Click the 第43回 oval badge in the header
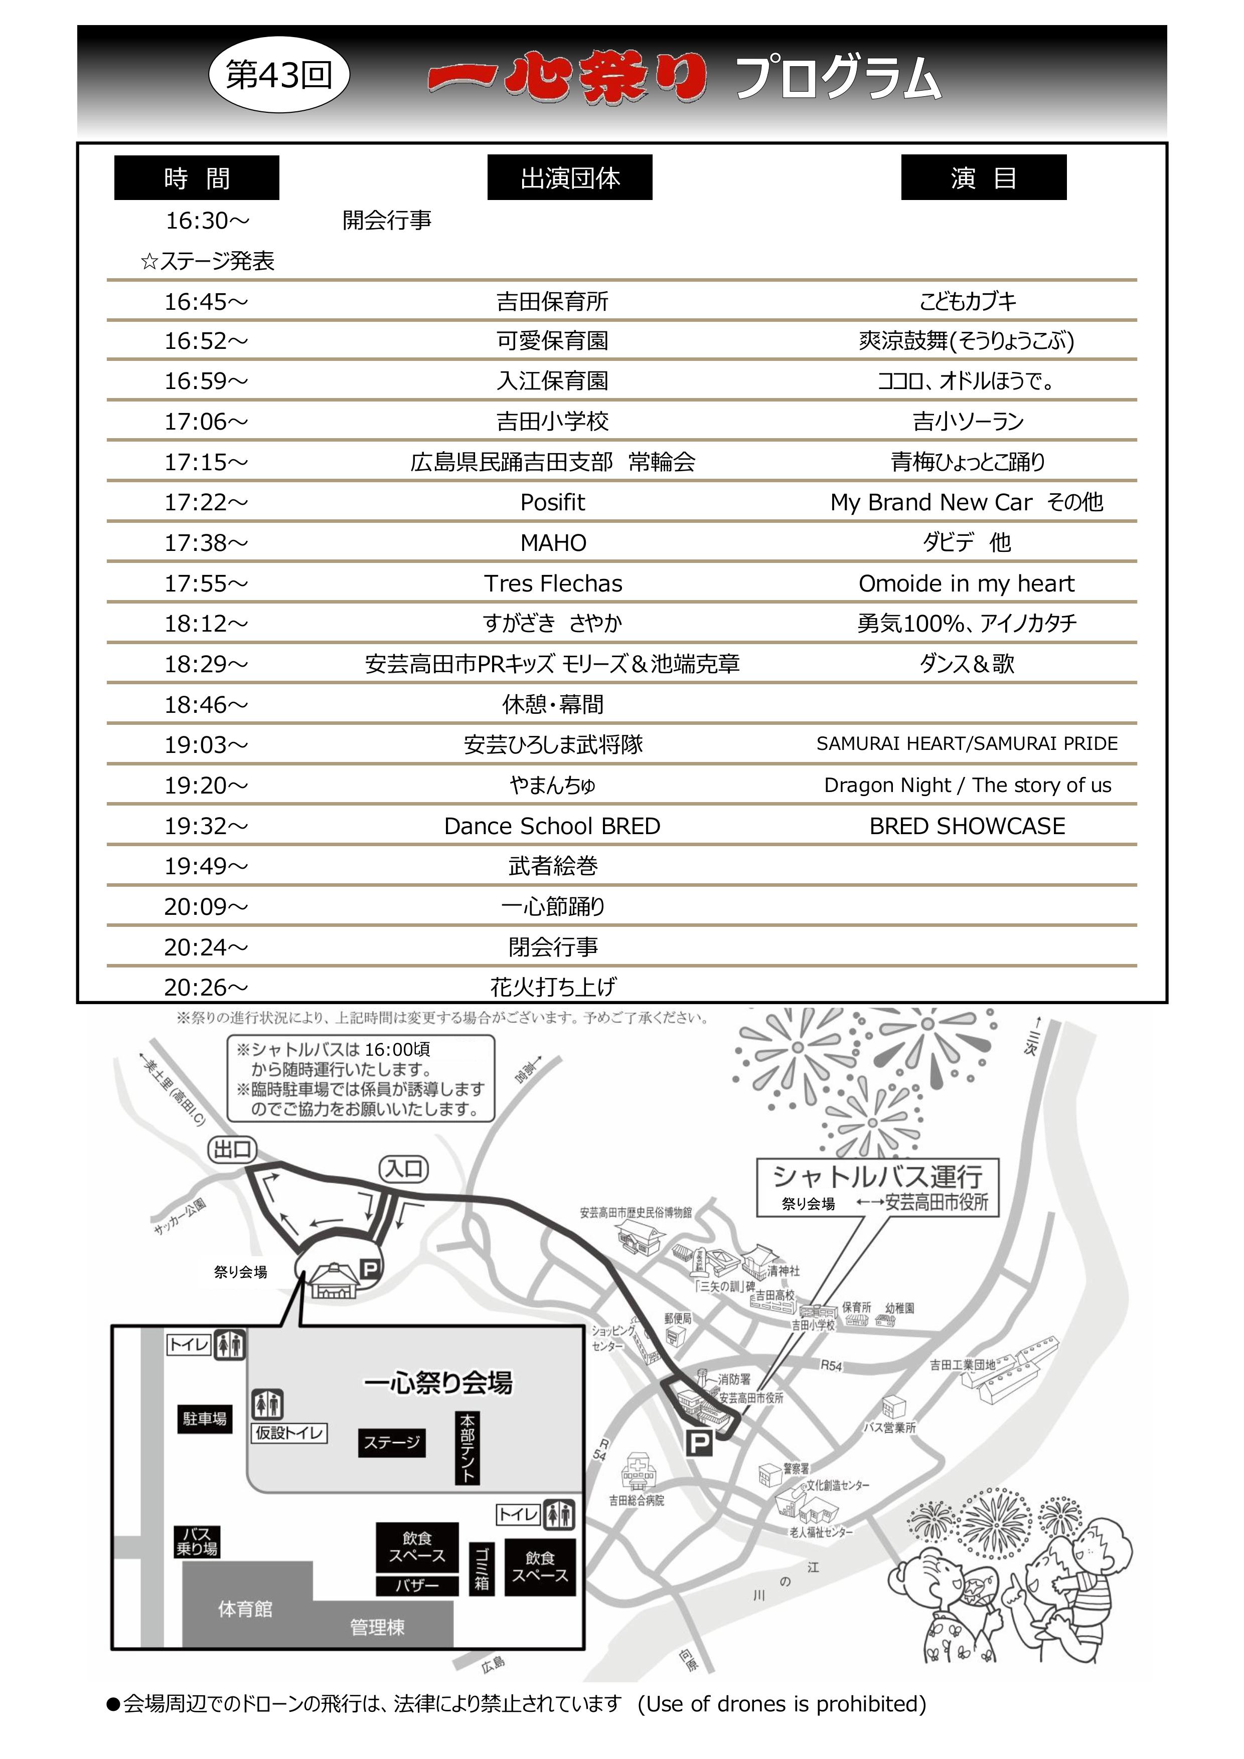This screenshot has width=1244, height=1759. click(279, 75)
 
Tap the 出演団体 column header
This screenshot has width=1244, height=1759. click(569, 178)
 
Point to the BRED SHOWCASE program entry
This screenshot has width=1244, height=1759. click(967, 826)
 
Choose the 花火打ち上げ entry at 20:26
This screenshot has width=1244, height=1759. click(553, 987)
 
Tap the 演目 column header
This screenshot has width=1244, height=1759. click(983, 178)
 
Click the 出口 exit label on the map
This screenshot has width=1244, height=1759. click(232, 1149)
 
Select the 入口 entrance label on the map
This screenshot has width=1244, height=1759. click(404, 1169)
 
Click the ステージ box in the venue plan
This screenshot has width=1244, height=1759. click(392, 1443)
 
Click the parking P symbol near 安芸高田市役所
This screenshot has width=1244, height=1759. click(698, 1444)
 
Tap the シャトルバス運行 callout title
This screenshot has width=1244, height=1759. click(878, 1176)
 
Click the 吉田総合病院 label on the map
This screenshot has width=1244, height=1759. click(636, 1500)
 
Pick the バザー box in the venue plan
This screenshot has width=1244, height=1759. click(417, 1585)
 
